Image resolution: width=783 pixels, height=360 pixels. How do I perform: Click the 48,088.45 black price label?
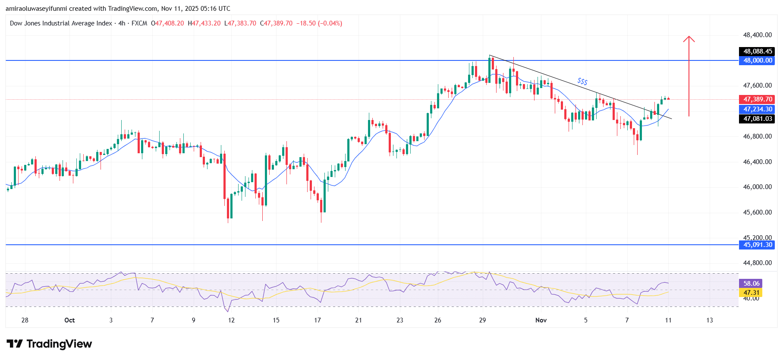point(757,51)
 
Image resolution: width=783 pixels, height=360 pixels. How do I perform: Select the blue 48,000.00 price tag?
point(757,60)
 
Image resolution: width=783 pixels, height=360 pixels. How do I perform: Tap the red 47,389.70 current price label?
point(757,99)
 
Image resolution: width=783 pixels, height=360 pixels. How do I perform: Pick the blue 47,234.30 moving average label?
point(757,109)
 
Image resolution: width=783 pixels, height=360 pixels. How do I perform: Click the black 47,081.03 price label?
point(757,119)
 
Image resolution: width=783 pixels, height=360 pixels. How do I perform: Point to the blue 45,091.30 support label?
point(757,245)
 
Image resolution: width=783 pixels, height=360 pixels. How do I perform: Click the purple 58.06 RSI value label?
point(751,284)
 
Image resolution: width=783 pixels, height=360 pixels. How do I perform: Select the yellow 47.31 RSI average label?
point(751,292)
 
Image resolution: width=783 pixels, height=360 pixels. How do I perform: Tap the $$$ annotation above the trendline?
point(582,81)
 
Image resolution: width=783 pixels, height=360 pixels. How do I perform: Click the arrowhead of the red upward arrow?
point(689,38)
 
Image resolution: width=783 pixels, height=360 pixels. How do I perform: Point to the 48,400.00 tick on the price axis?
point(757,35)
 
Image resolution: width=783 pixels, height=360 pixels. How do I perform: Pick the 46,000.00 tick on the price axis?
point(757,187)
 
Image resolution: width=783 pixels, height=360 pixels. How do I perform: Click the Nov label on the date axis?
point(541,320)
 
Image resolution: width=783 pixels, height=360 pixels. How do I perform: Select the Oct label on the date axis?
point(69,320)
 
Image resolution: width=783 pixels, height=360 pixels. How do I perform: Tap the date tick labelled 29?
point(482,320)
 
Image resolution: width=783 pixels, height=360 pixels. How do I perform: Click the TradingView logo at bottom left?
point(49,344)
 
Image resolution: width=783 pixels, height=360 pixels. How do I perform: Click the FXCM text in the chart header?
point(139,23)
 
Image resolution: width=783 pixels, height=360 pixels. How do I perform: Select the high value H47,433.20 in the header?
point(204,23)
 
